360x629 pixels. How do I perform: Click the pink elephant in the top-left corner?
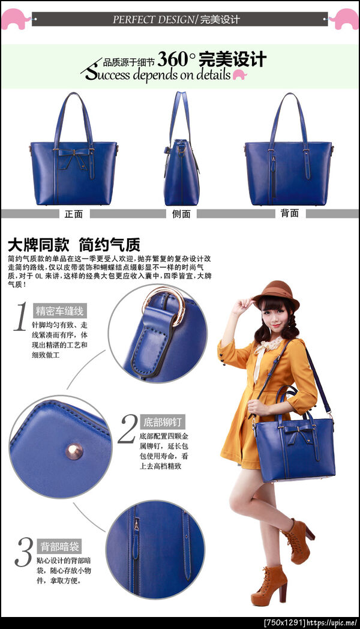(x=15, y=19)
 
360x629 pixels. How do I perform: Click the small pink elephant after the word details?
(x=239, y=74)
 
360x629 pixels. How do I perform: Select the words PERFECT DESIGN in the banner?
(x=153, y=19)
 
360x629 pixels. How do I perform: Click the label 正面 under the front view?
(x=74, y=214)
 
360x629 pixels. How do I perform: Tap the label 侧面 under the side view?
(x=181, y=214)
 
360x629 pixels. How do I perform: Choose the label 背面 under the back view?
(x=289, y=213)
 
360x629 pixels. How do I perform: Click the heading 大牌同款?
(x=38, y=244)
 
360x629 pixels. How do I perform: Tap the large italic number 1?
(x=20, y=317)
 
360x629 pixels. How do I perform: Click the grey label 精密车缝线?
(x=59, y=311)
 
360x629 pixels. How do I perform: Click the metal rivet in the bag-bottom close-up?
(x=74, y=451)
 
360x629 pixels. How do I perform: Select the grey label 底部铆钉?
(x=163, y=422)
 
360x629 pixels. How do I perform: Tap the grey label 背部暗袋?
(x=59, y=546)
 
